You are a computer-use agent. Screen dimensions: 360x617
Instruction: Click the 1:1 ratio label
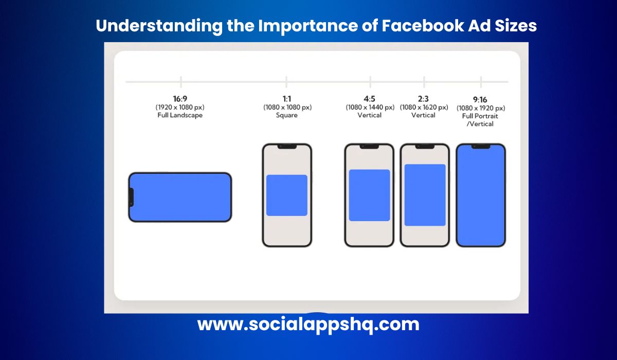click(287, 99)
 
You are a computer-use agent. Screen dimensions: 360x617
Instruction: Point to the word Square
click(287, 115)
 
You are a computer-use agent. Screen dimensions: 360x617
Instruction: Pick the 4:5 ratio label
click(370, 99)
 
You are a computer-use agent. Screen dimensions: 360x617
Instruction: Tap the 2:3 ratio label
click(424, 99)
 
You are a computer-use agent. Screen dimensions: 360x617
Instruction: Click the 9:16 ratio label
click(481, 99)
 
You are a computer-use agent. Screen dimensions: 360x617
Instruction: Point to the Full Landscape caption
click(180, 115)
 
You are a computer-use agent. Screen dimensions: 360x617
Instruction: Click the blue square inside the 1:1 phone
click(287, 195)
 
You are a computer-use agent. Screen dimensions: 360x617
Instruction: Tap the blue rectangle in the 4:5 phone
click(369, 195)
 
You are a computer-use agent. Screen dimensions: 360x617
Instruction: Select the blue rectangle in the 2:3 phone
click(425, 195)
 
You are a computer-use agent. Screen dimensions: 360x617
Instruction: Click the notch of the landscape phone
click(131, 197)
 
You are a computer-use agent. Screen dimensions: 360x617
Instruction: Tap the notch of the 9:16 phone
click(481, 147)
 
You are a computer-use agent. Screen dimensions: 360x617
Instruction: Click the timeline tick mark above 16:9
click(181, 82)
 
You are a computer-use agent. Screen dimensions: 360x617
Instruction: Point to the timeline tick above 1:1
click(286, 82)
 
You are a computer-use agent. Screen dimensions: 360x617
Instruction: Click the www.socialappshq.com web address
click(308, 325)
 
